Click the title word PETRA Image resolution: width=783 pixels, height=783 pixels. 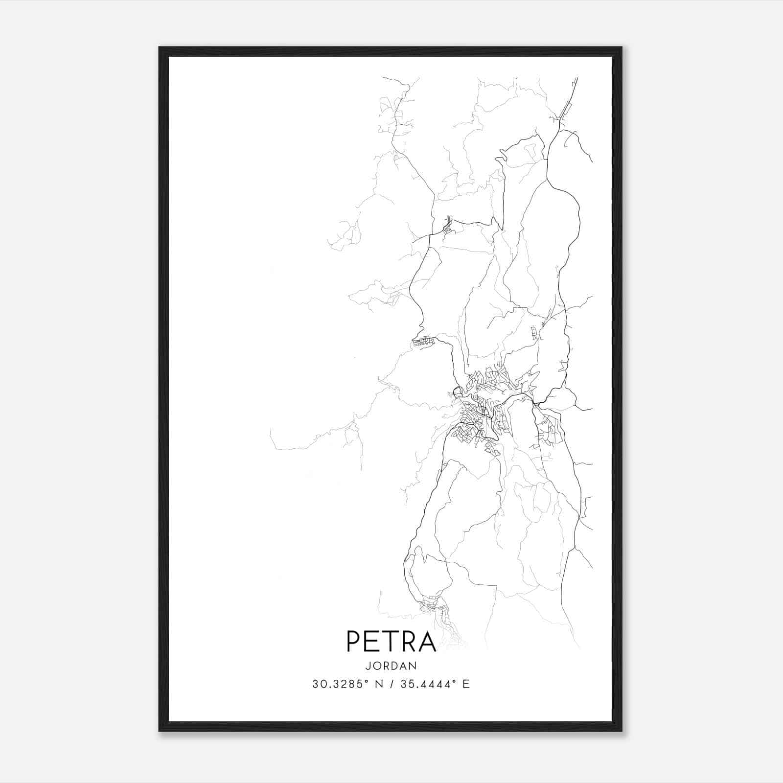391,641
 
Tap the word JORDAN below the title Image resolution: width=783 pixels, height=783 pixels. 391,666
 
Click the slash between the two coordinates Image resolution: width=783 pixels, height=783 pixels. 391,684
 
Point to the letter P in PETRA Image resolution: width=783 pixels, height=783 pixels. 353,641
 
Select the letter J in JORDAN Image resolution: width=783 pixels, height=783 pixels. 367,666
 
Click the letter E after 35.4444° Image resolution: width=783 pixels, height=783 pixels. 466,684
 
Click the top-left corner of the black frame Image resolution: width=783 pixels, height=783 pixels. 160,48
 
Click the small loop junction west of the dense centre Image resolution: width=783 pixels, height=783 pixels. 458,392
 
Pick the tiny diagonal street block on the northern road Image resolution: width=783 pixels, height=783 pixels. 447,227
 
